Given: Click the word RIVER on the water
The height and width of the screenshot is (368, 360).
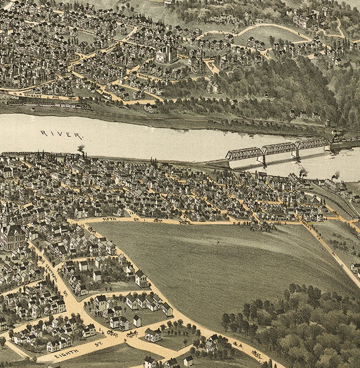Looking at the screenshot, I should coord(62,134).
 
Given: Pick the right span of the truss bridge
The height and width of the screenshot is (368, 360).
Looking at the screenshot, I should coord(313,144).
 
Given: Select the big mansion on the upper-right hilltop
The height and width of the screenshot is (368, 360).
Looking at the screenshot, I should coord(307,19).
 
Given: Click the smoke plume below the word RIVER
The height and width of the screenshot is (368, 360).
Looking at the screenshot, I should coord(81,149).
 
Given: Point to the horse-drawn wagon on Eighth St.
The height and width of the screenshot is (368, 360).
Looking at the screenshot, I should coord(131,334).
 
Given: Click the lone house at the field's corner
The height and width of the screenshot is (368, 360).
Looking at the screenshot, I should coord(141,279).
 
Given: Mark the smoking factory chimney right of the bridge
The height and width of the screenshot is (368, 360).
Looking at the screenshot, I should coord(303,173).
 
